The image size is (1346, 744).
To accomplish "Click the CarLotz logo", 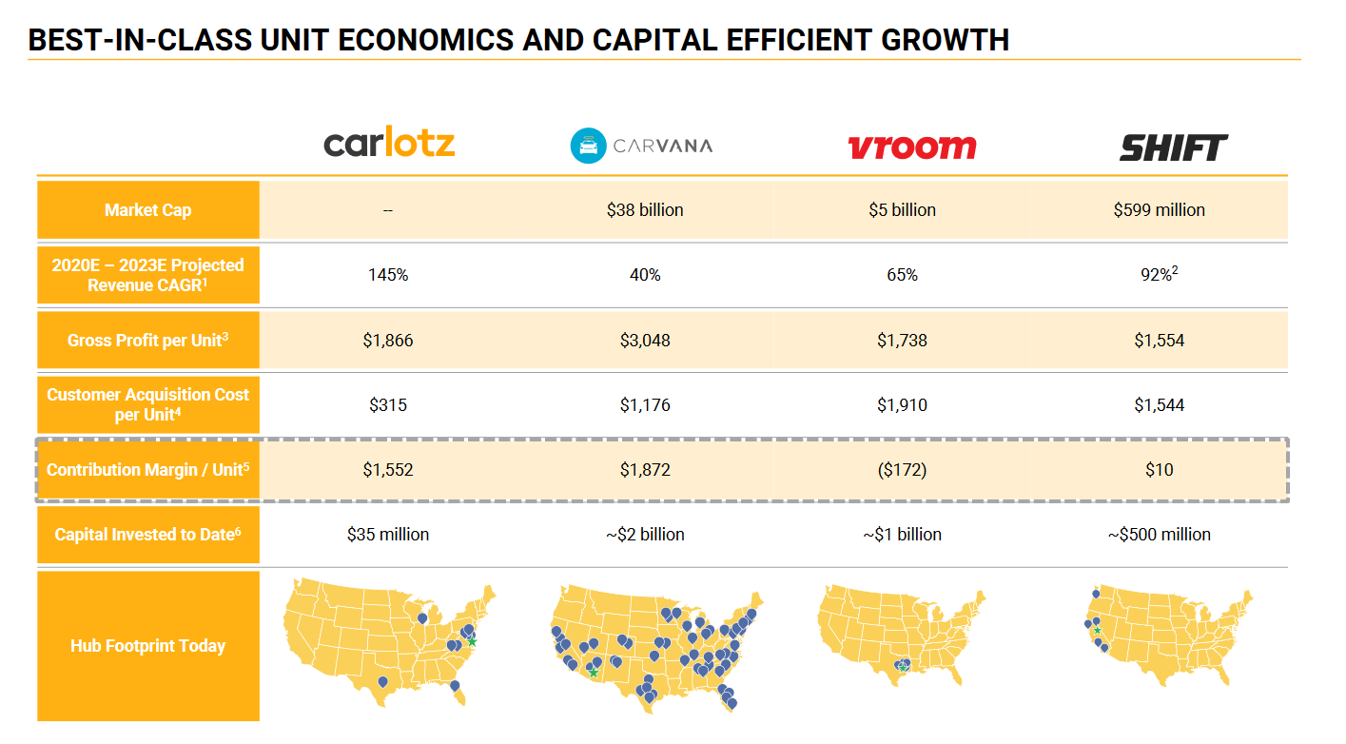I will tap(389, 144).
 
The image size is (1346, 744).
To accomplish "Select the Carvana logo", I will tap(640, 146).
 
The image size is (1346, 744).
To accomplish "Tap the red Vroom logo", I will tap(911, 147).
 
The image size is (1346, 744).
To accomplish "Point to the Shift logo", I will tap(1173, 147).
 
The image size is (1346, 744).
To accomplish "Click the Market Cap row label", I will tap(147, 210).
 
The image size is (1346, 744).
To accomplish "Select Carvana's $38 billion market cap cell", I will tap(645, 210).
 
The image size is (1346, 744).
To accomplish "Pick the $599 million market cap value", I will tap(1159, 210).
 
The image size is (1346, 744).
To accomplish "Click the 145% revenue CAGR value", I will tap(388, 275).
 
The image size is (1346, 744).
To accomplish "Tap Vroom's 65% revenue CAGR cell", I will tap(902, 275).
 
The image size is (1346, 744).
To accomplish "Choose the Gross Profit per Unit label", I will tap(147, 340).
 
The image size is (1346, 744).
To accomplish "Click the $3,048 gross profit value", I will tap(645, 340).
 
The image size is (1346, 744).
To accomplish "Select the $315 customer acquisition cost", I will tap(388, 404).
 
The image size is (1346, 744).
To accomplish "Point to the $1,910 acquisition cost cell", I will tap(902, 404).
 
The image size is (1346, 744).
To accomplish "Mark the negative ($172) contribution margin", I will tap(902, 469).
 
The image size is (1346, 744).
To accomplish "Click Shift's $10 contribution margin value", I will tap(1159, 469).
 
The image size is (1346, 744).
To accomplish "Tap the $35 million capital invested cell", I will tap(388, 534).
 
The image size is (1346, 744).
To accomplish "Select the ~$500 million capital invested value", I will tap(1159, 534).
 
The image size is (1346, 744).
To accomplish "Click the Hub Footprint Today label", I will tap(147, 646).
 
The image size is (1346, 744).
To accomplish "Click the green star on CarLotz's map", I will tap(472, 641).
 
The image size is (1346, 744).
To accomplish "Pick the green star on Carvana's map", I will tap(594, 673).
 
